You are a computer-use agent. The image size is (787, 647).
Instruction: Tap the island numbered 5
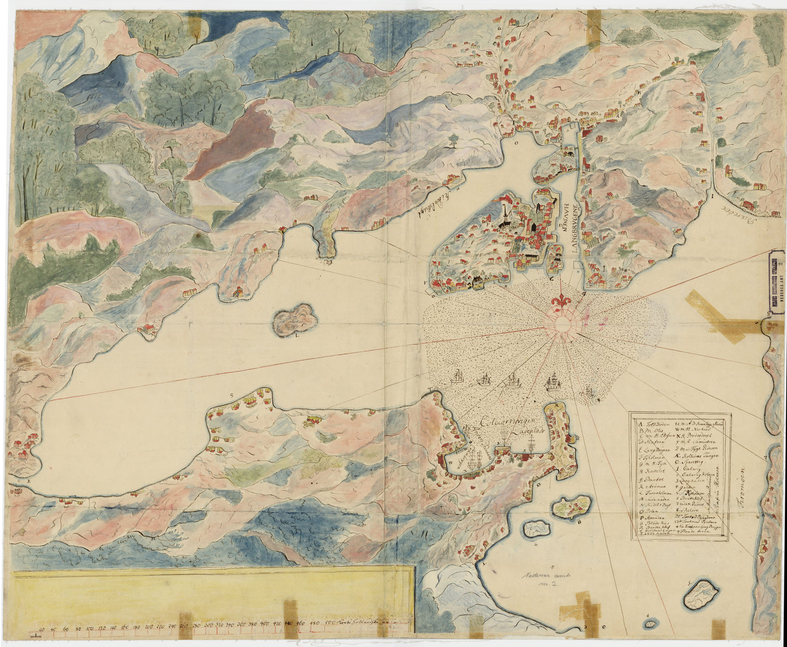click(x=701, y=595)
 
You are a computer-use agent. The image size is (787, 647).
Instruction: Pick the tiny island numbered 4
click(x=650, y=622)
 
